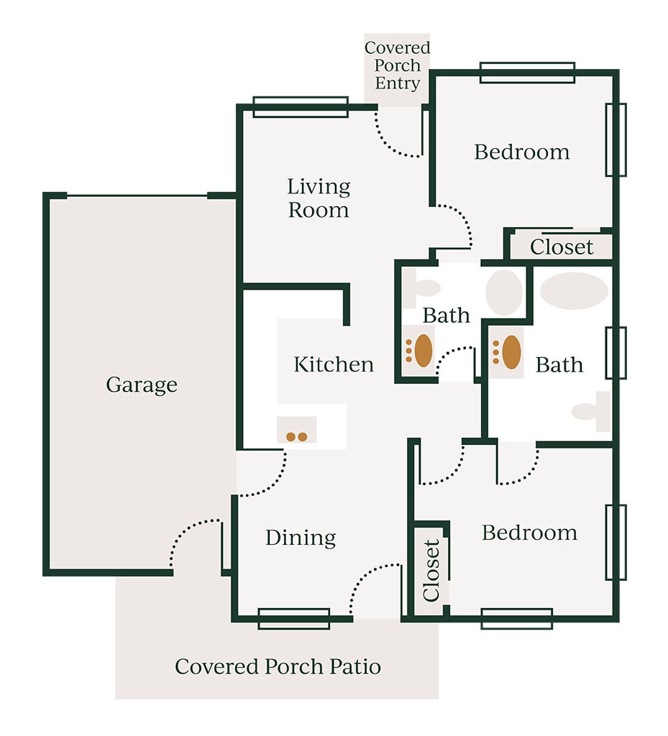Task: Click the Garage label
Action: coord(142,385)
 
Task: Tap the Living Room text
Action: coord(319,198)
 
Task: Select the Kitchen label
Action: coord(334,364)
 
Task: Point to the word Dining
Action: coord(301,538)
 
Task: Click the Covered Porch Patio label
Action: coord(278,666)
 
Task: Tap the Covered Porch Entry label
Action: coord(397,65)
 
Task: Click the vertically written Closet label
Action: coord(431,571)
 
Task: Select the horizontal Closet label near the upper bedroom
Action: coord(562,247)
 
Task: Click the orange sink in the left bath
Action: coord(423,351)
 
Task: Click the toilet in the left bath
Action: coord(421,288)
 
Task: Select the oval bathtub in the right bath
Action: coord(574,290)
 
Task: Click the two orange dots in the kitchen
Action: coord(297,437)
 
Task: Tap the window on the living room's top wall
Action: coord(301,107)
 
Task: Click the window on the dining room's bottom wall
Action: coord(294,619)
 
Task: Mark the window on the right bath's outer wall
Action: coord(616,353)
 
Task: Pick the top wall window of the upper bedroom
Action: coord(527,73)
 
